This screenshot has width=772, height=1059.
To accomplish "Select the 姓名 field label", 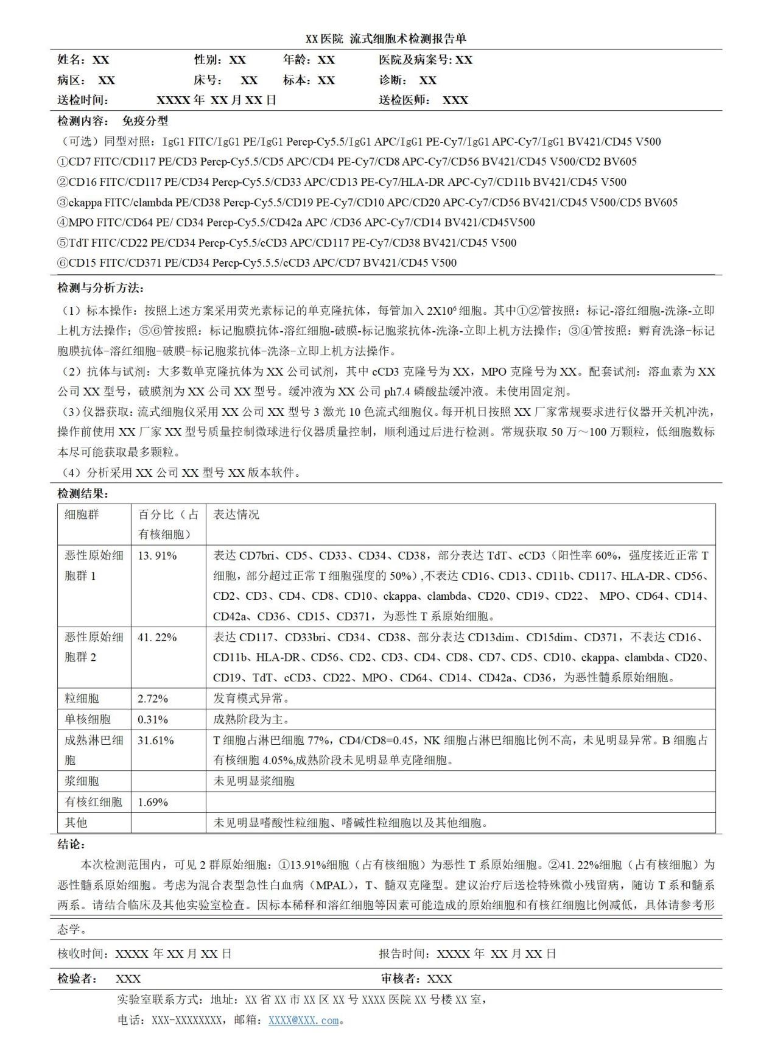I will [71, 60].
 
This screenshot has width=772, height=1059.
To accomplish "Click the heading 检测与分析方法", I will [100, 288].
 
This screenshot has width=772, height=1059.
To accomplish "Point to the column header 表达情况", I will [236, 515].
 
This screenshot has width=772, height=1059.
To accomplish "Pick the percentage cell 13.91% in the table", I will [157, 555].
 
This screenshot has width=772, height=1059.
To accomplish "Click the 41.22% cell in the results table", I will [157, 637].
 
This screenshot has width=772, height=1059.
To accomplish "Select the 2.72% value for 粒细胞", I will [153, 698].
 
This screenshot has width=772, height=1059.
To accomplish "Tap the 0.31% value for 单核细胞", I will [153, 719].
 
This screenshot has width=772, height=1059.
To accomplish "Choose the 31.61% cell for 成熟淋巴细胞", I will [156, 741].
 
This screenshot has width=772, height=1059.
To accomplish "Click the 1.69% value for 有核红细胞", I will [153, 802].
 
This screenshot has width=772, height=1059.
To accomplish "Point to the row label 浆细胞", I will [82, 781].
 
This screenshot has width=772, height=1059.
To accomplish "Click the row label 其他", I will [75, 823].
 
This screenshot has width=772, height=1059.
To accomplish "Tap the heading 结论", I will [71, 845].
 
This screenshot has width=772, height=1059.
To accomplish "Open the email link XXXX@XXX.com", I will [303, 1020].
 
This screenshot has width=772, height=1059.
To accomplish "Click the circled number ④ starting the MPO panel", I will [63, 222].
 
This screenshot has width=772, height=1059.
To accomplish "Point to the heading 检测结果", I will [82, 493].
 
